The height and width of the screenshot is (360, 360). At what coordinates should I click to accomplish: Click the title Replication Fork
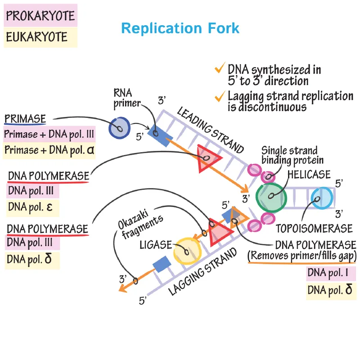coord(180,28)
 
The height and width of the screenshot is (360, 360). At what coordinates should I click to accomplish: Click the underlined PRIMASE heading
coord(25,119)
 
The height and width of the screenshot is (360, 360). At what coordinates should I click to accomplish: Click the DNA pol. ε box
coord(31,208)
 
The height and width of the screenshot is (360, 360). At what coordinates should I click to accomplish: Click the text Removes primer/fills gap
coord(301,256)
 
